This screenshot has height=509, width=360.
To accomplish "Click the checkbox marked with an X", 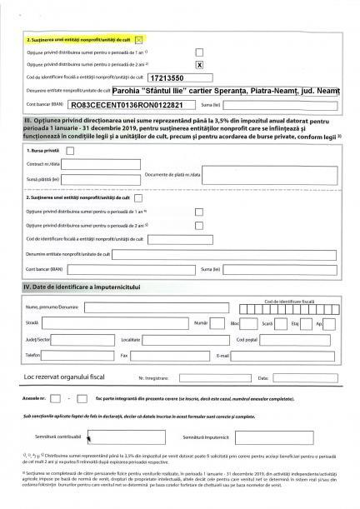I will click(x=199, y=63).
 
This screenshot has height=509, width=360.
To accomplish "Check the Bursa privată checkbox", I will click(x=70, y=151).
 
